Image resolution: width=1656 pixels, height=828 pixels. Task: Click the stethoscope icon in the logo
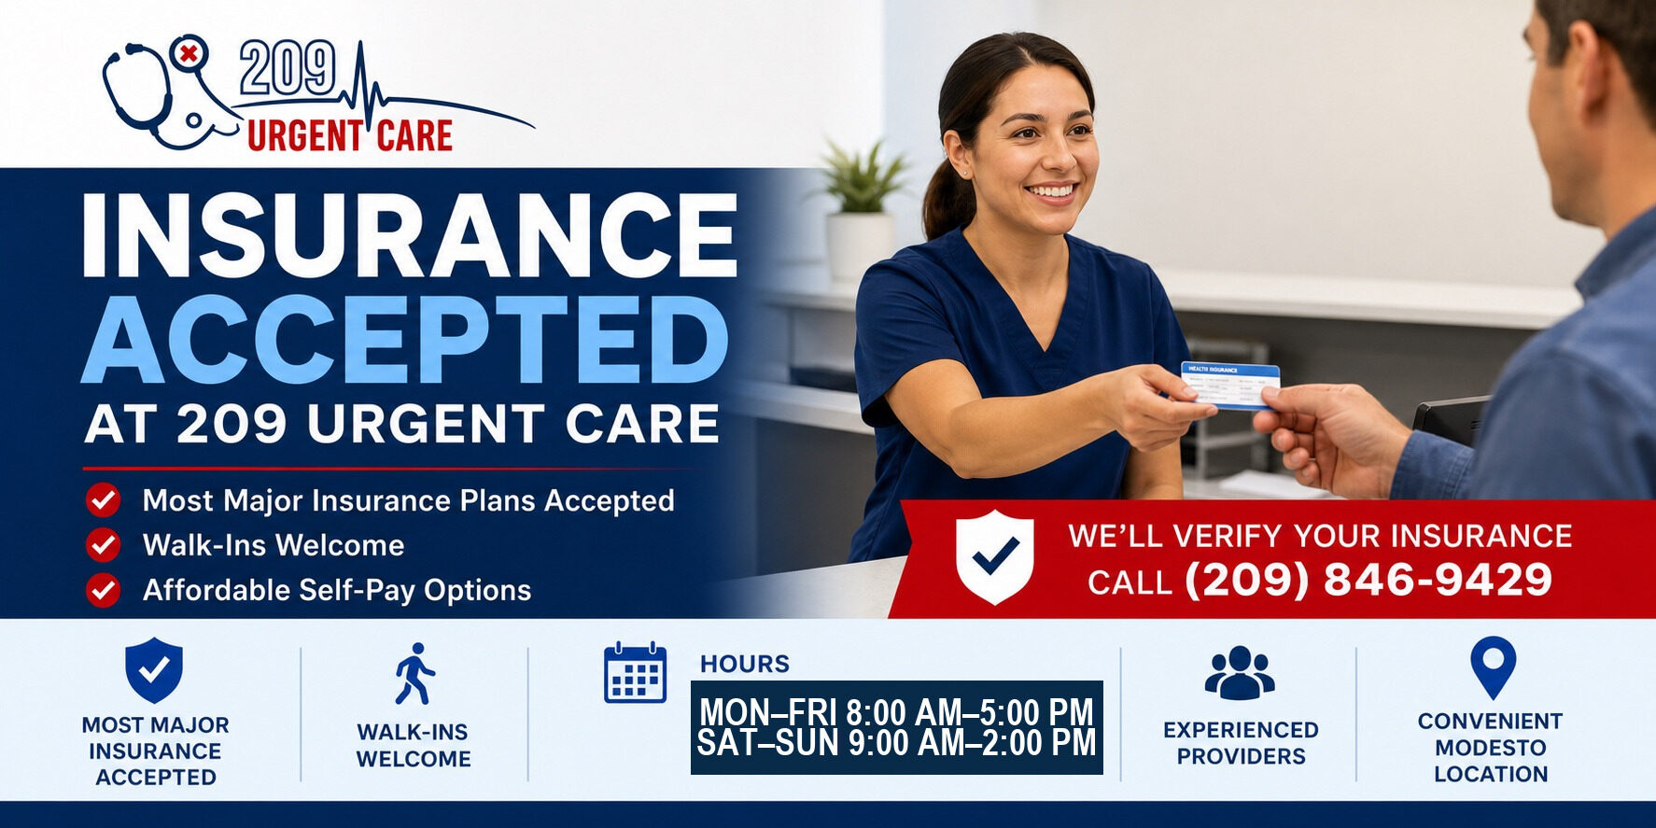(140, 93)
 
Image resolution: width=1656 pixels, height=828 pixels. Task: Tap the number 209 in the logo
(287, 69)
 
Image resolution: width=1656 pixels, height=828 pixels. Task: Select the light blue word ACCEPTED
(405, 340)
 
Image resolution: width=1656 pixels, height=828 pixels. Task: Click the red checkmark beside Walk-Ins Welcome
(103, 545)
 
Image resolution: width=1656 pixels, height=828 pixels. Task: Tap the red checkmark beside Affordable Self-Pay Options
(103, 590)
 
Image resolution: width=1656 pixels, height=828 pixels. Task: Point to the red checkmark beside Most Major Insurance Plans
(103, 500)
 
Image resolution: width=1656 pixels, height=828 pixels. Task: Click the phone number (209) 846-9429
(1368, 580)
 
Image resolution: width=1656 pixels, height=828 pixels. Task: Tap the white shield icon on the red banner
(995, 556)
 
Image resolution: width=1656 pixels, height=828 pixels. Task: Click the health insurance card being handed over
(1229, 386)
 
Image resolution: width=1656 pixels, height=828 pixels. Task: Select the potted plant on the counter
(861, 209)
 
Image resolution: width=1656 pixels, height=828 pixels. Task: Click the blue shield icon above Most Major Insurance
(154, 670)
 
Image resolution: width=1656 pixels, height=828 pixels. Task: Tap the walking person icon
(414, 673)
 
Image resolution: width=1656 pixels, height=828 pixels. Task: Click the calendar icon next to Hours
(636, 672)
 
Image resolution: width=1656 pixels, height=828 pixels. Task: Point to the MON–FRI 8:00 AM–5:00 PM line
(896, 712)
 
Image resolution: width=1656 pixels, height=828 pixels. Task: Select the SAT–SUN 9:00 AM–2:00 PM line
(896, 743)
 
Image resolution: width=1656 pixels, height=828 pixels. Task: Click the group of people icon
(1240, 673)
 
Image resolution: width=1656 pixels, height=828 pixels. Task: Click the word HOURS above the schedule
(745, 664)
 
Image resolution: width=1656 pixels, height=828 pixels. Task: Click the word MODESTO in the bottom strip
(1491, 748)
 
